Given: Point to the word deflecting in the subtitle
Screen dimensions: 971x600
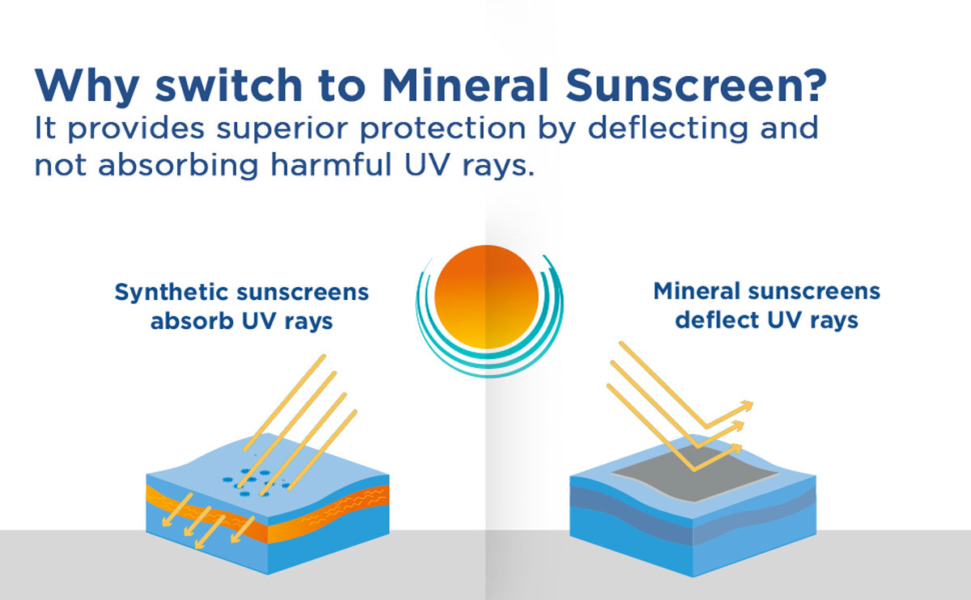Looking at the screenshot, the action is coord(668,129).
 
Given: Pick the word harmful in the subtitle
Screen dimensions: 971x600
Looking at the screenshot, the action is coord(331,164).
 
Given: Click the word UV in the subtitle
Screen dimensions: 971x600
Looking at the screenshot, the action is coord(428,165).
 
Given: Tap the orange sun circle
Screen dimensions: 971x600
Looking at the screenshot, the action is coord(486,297).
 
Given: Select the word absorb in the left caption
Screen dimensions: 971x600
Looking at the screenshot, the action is coord(192,321).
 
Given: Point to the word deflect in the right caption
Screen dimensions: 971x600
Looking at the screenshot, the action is coord(717,320).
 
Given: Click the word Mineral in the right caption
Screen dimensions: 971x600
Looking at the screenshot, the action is coord(697,290).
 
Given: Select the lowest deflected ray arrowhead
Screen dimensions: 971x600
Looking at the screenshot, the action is coord(736,448).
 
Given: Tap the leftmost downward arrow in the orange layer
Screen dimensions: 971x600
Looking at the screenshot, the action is coord(176,510).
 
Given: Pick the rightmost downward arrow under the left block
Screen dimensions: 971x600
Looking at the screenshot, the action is coord(242,530).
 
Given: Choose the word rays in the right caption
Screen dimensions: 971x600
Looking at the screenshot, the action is coord(834,321).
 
